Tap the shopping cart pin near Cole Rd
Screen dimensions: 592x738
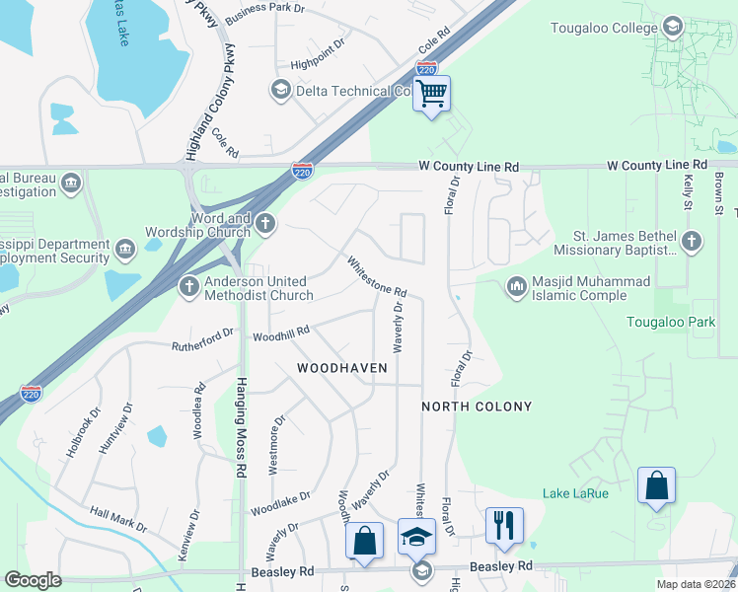(x=431, y=95)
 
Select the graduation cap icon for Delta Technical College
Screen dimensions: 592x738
(x=280, y=92)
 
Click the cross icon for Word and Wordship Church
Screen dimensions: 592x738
(x=264, y=225)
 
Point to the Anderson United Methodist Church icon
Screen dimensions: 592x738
(x=189, y=287)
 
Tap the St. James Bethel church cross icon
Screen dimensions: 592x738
(x=692, y=241)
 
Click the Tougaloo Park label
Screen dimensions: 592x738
(x=671, y=322)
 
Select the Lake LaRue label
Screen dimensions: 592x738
(x=575, y=492)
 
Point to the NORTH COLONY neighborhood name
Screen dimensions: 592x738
(x=477, y=407)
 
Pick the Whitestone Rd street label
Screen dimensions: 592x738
(x=376, y=277)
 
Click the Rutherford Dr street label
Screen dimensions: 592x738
(x=203, y=341)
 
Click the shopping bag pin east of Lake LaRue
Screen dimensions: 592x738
(x=656, y=486)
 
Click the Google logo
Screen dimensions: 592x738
(x=34, y=580)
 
